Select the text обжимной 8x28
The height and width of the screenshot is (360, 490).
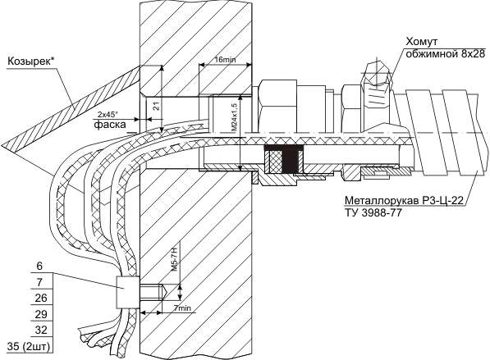pyautogui.click(x=445, y=53)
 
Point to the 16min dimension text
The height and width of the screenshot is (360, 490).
pyautogui.click(x=226, y=59)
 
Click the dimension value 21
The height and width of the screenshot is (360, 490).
pyautogui.click(x=158, y=107)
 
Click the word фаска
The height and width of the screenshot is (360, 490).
pyautogui.click(x=110, y=125)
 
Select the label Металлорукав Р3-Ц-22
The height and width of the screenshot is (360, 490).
pyautogui.click(x=403, y=200)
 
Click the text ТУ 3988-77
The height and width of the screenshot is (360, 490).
pyautogui.click(x=373, y=212)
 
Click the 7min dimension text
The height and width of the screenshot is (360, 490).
pyautogui.click(x=182, y=308)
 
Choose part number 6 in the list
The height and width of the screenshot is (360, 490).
pyautogui.click(x=39, y=267)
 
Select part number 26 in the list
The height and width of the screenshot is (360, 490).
pyautogui.click(x=41, y=298)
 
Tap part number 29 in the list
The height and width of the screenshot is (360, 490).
pyautogui.click(x=41, y=314)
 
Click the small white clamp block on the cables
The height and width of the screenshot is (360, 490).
pyautogui.click(x=127, y=292)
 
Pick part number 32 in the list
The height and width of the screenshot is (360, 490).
pyautogui.click(x=41, y=330)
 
